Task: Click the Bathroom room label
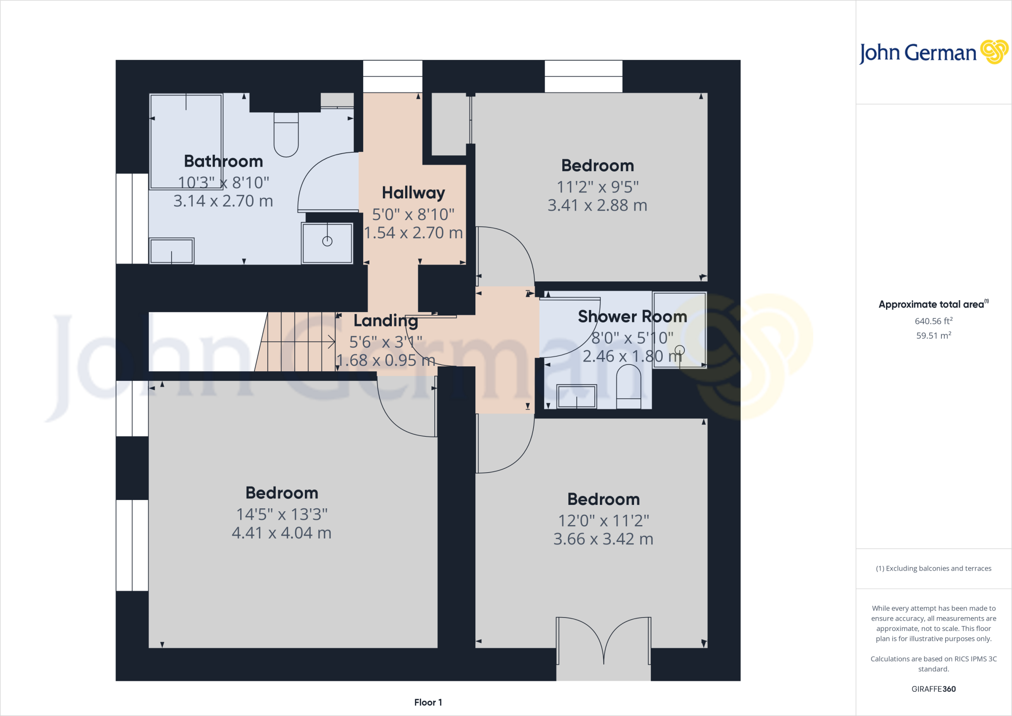click(x=223, y=161)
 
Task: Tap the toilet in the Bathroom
click(x=286, y=135)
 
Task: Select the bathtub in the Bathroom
click(x=186, y=141)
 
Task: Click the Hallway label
click(x=413, y=192)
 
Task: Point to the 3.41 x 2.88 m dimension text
click(x=597, y=205)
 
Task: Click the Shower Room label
click(x=632, y=316)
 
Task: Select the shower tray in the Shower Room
click(x=679, y=330)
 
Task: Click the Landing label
click(x=385, y=320)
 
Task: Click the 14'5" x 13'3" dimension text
click(x=282, y=514)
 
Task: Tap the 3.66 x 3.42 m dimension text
click(x=603, y=539)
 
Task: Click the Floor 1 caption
click(x=428, y=702)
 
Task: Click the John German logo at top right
click(x=933, y=52)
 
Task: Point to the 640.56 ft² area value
click(x=933, y=321)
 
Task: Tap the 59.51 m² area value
click(x=933, y=335)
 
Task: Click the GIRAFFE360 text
click(x=933, y=689)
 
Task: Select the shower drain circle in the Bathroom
click(x=327, y=241)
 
